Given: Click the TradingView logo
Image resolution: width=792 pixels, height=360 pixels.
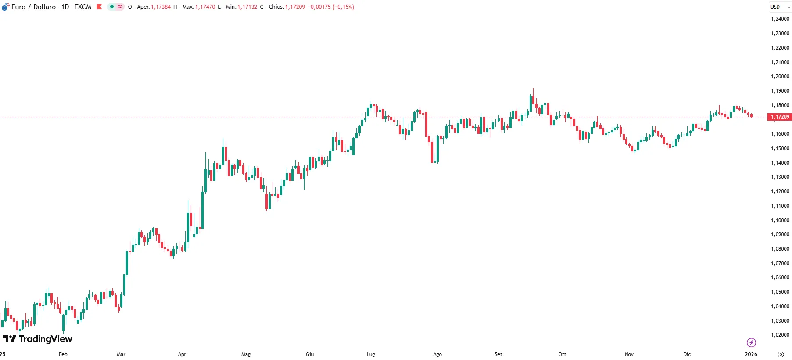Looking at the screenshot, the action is click(x=38, y=339).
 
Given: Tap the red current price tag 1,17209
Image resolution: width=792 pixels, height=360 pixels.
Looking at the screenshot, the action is click(x=780, y=117).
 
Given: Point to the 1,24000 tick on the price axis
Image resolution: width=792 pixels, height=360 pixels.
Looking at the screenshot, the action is click(x=780, y=19).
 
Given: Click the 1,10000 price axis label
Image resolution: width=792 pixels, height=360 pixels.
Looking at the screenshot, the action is click(x=780, y=220).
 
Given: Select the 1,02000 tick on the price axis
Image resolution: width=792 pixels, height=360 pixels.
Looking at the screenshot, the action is click(x=780, y=335).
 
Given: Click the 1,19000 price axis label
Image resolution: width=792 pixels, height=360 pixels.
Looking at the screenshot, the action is click(x=780, y=91).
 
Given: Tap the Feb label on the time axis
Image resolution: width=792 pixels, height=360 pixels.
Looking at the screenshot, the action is click(x=63, y=354).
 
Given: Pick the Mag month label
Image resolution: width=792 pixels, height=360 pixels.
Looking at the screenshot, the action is click(x=246, y=354).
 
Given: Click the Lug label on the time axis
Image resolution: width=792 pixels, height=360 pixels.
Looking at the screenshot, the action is click(x=371, y=354).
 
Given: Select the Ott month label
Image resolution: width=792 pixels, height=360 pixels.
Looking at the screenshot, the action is click(x=562, y=354).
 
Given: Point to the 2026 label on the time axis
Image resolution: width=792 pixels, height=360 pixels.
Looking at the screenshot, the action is click(x=751, y=354).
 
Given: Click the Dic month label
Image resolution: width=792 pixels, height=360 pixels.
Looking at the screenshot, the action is click(x=687, y=354).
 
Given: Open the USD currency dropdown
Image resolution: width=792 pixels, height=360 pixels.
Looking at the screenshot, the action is click(x=780, y=7).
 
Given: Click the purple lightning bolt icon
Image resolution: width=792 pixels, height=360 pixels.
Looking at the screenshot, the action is click(x=751, y=342).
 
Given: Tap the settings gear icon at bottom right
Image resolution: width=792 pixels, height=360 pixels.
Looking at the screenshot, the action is click(x=781, y=354).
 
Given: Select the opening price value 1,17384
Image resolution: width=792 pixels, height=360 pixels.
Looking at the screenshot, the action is click(x=161, y=7).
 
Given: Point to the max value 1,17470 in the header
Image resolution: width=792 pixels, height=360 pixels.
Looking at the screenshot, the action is click(x=205, y=7).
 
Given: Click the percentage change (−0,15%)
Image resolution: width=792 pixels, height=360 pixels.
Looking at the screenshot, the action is click(x=343, y=7).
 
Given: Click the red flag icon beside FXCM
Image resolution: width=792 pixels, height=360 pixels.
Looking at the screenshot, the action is click(x=99, y=7).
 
